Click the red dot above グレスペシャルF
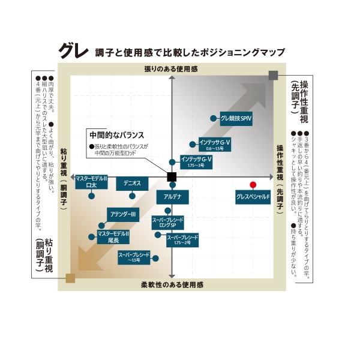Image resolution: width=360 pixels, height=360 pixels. (x=253, y=184)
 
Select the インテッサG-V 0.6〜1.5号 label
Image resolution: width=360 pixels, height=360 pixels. (x=206, y=145)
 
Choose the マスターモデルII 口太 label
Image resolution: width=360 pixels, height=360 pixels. (x=91, y=182)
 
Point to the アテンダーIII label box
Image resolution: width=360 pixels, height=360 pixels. (x=124, y=214)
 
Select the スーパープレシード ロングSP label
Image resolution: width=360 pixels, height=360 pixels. (x=170, y=223)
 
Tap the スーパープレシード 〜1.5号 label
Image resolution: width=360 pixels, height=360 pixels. (x=133, y=258)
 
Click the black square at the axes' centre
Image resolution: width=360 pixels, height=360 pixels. (x=172, y=176)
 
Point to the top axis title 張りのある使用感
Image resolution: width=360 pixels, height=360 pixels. (x=171, y=69)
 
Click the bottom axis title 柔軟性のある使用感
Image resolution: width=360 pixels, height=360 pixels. (x=172, y=284)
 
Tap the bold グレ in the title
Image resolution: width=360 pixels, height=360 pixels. (x=74, y=50)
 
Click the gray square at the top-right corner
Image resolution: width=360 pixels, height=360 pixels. (x=274, y=74)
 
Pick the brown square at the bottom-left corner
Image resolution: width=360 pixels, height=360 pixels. (x=70, y=278)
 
